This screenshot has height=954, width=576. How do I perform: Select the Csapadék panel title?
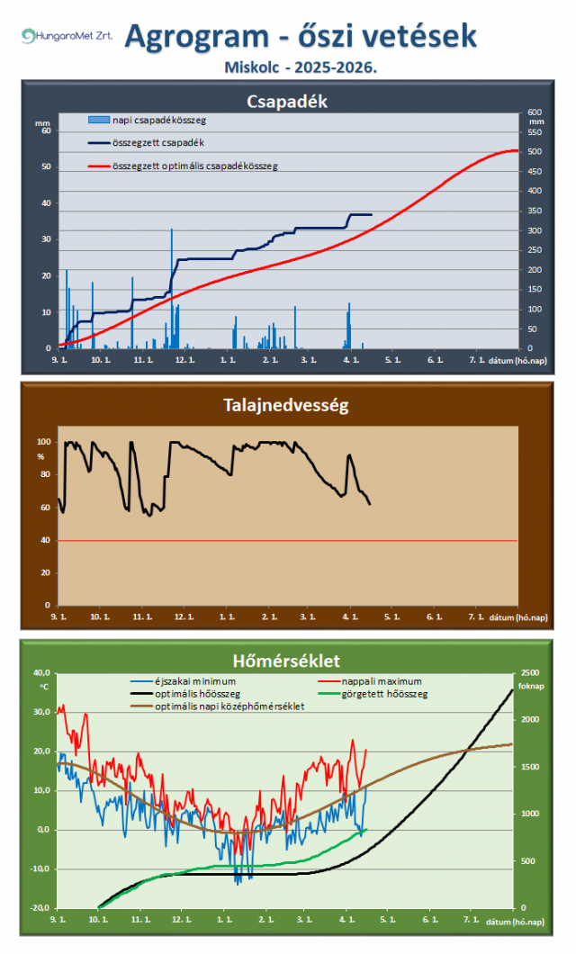click(x=287, y=102)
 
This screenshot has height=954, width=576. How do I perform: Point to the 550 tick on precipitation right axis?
click(x=535, y=131)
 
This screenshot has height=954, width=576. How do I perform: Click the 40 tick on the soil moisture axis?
click(x=42, y=540)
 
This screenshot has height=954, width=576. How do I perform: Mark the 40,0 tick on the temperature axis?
click(x=40, y=672)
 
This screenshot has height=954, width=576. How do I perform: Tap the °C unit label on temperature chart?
click(x=41, y=686)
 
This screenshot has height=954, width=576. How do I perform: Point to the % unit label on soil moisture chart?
click(x=40, y=456)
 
